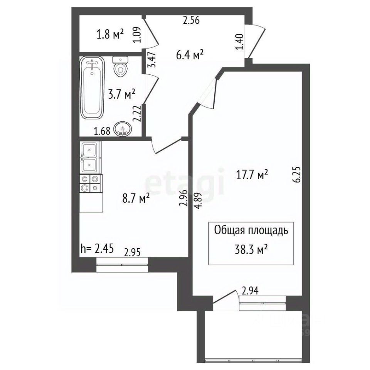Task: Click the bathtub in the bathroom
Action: click(x=92, y=88)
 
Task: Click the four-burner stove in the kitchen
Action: click(x=91, y=183)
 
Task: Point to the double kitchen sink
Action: click(x=90, y=157)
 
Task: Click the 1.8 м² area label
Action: click(x=110, y=35)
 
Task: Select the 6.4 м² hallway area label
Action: click(x=190, y=55)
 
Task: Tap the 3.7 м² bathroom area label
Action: click(x=121, y=94)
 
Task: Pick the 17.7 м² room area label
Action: click(x=252, y=175)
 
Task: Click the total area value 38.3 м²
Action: click(x=251, y=250)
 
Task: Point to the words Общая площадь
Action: click(x=251, y=230)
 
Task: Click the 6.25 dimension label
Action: click(x=297, y=174)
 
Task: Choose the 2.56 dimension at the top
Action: click(x=192, y=20)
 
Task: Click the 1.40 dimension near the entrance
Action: click(x=239, y=42)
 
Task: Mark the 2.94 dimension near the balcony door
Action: click(x=250, y=291)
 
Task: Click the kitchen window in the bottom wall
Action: click(x=122, y=265)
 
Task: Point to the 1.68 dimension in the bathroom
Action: click(x=102, y=131)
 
